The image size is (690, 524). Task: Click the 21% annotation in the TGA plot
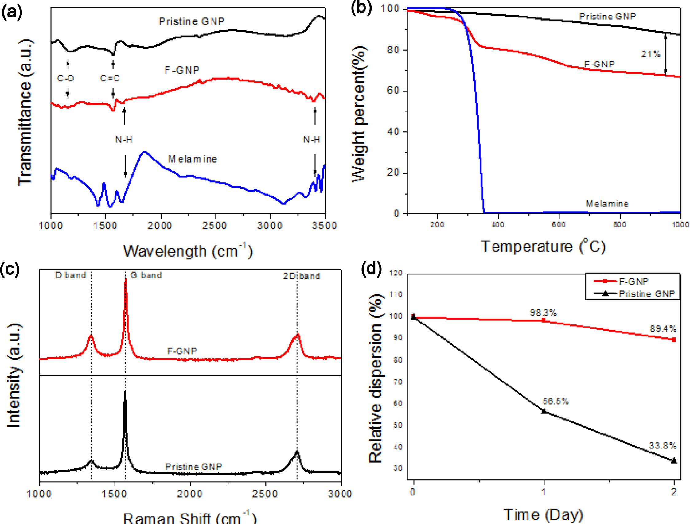[651, 54]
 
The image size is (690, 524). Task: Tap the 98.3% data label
[544, 313]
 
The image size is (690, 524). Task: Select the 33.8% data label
[663, 446]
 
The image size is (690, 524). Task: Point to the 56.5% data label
[556, 402]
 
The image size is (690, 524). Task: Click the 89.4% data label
[663, 329]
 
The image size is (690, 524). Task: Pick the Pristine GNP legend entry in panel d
[646, 294]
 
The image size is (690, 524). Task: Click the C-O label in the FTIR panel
[65, 78]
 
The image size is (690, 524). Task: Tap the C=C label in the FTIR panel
[110, 78]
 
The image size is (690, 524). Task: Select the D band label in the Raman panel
[71, 275]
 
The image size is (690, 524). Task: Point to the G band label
[146, 275]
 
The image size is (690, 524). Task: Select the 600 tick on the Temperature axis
[558, 225]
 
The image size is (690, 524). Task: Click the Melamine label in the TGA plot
[607, 204]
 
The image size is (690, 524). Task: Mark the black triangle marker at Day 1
[544, 411]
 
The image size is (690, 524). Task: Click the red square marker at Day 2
[674, 340]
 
